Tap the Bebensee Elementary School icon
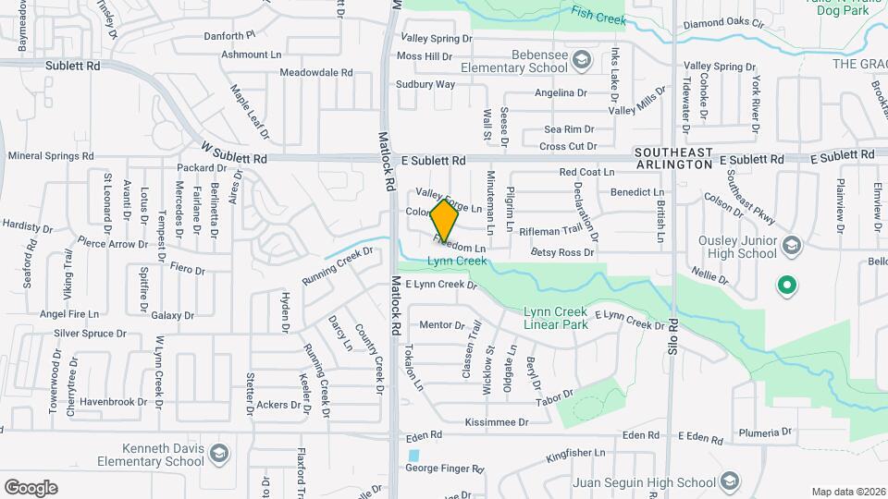pos(581,62)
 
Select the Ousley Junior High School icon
pos(791,246)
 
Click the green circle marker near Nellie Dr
pos(786,286)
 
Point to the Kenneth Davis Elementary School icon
pos(217,455)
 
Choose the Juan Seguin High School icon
pos(730,481)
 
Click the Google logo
pos(31,487)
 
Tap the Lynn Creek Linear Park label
pos(556,318)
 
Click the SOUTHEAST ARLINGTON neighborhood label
pos(673,157)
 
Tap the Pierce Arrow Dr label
pos(113,245)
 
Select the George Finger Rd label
pos(445,469)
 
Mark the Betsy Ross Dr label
pos(562,252)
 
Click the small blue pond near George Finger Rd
pos(413,456)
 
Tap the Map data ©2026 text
pos(848,492)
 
